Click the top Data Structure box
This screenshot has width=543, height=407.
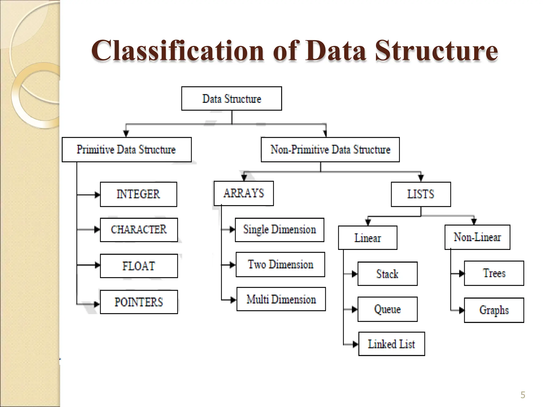231,99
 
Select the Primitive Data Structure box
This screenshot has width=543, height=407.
126,149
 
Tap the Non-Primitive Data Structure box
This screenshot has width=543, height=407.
330,149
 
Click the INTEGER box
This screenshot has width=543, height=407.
138,194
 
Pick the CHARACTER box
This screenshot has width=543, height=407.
139,230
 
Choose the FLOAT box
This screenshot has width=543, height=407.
139,266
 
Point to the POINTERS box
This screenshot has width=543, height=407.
139,302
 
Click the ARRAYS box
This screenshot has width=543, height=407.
244,193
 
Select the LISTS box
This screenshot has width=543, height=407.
421,194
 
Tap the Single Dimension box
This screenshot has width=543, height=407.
279,230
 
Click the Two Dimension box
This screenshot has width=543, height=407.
280,264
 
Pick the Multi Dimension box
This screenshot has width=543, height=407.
281,299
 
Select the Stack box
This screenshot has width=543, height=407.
387,274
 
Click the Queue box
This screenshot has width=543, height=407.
387,309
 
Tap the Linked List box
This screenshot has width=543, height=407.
392,344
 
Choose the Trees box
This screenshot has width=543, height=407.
494,273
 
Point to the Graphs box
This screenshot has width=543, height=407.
494,310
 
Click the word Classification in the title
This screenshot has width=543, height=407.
178,50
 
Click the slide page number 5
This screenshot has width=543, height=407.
523,395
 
